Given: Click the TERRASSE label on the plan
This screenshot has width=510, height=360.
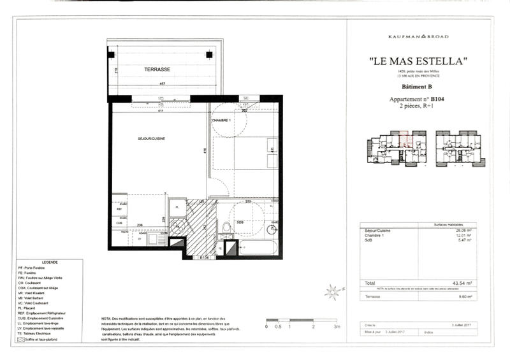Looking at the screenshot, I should [157, 68].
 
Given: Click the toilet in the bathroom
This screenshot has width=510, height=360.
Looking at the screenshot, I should [226, 227].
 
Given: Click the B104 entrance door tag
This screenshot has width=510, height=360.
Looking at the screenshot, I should [205, 258].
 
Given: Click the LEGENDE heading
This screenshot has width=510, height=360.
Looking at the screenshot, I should [49, 262].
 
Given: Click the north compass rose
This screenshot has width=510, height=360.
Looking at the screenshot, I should [331, 292].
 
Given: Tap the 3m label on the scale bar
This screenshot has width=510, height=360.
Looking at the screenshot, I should [337, 326].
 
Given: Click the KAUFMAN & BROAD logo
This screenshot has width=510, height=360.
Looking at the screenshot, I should [419, 36].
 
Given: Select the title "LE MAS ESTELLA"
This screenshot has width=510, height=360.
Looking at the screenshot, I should [419, 61].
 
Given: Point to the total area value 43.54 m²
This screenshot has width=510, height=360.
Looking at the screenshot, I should [460, 283].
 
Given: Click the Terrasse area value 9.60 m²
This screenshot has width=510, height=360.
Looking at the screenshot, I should [462, 296].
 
